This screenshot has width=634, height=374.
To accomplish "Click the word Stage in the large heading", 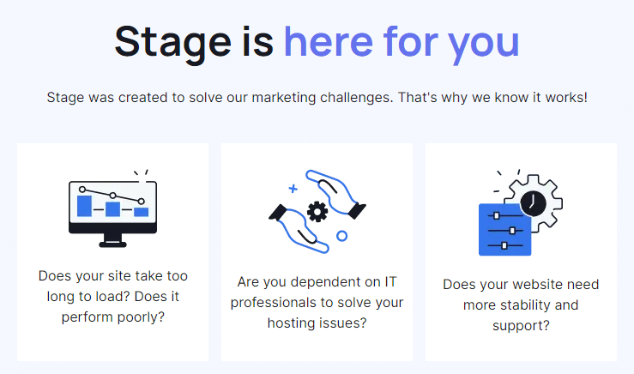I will (165, 41).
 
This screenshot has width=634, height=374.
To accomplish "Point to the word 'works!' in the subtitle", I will (566, 98).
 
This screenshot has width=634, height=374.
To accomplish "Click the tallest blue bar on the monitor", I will (84, 205).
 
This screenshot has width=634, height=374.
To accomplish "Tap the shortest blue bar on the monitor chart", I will (142, 211).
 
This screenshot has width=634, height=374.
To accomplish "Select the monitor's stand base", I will (112, 244).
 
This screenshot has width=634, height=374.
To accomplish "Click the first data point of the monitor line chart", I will (82, 189).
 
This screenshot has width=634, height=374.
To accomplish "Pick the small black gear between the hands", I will (317, 210).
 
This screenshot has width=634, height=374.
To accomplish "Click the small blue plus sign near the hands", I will (293, 187).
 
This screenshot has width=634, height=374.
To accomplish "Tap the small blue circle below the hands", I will (341, 235).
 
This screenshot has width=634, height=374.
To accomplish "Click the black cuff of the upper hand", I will (357, 208).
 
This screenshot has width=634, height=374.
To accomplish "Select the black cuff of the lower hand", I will (278, 212).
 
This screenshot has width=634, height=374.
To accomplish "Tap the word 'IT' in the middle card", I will (391, 280).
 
